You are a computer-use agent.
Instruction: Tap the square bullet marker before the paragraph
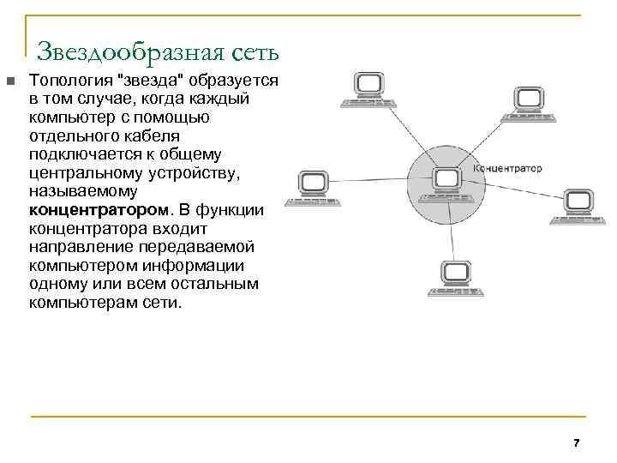point(9,81)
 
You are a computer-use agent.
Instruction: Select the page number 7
point(576,443)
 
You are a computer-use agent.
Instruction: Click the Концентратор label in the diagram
point(508,169)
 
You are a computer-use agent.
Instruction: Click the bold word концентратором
point(98,210)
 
